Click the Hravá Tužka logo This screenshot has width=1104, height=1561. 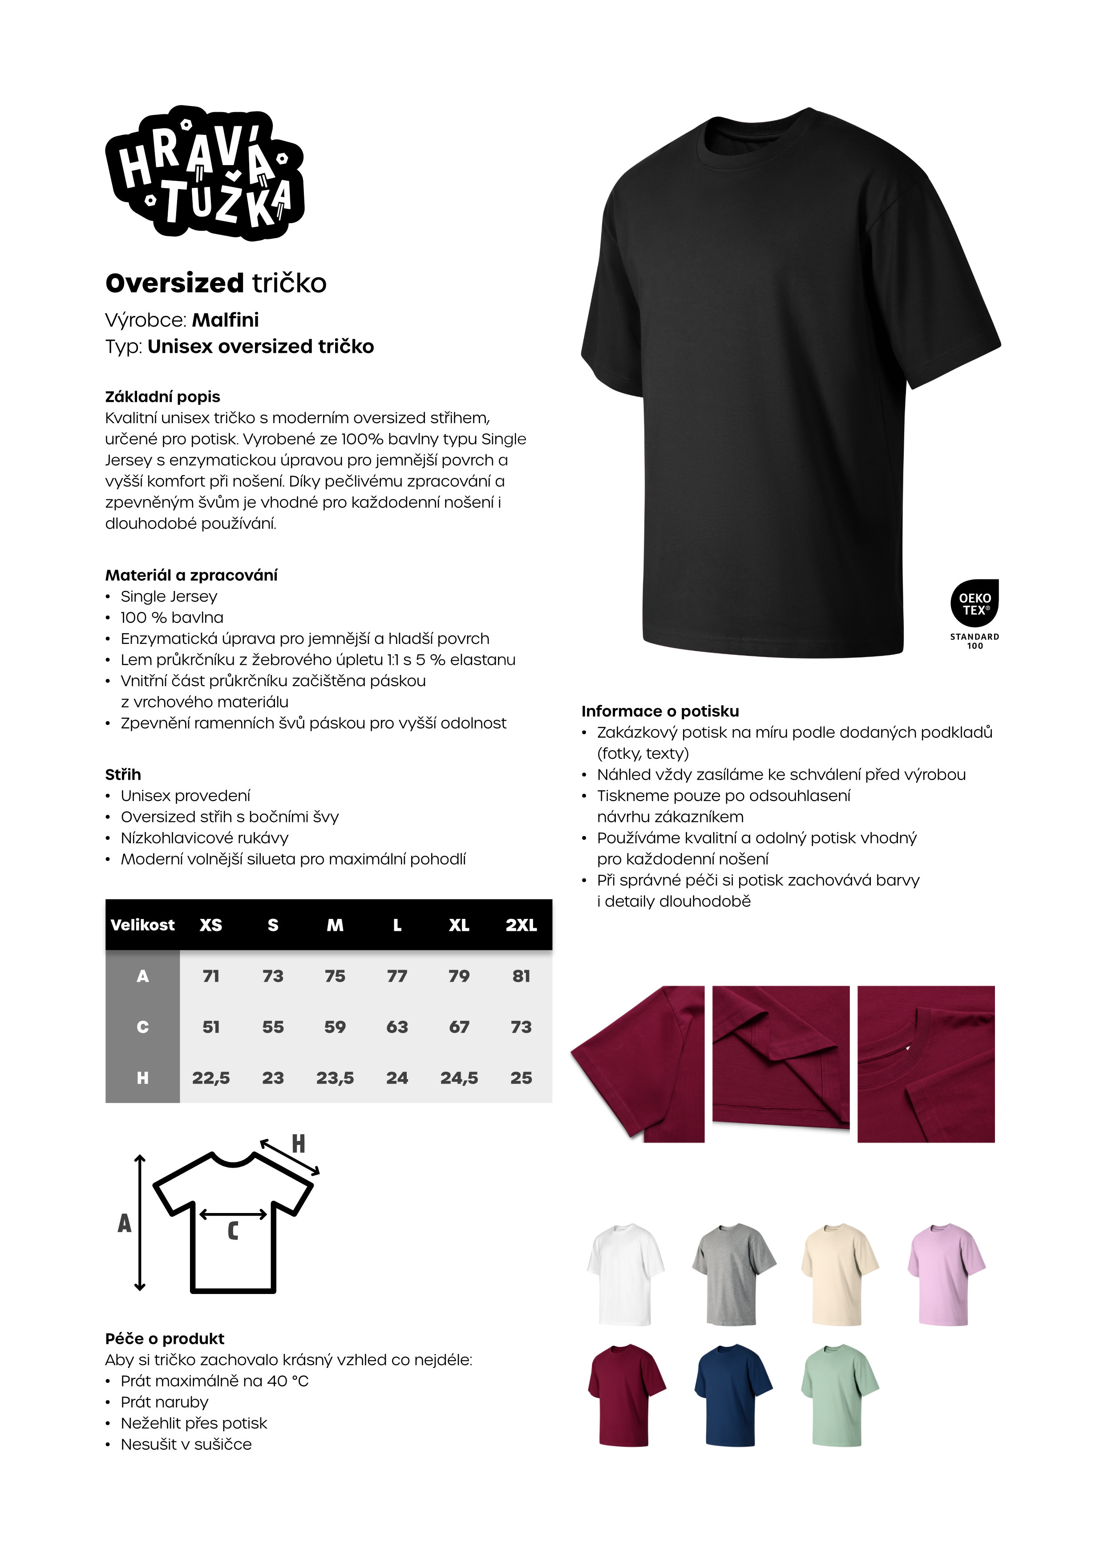[x=204, y=174]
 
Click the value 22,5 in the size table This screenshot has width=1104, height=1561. [x=211, y=1078]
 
